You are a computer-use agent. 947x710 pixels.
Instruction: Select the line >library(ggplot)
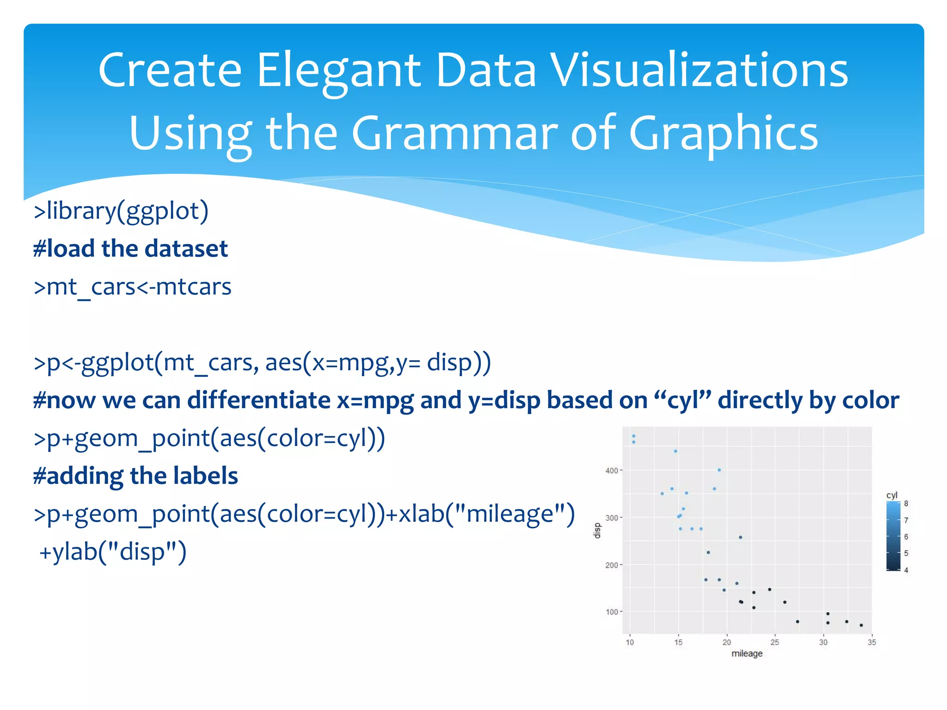pyautogui.click(x=121, y=211)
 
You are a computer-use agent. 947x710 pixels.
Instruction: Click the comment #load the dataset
pyautogui.click(x=130, y=249)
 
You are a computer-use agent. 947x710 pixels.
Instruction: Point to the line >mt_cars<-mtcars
pyautogui.click(x=132, y=287)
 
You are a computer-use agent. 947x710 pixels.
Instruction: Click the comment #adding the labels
pyautogui.click(x=135, y=476)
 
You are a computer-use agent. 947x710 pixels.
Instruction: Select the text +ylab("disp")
pyautogui.click(x=113, y=552)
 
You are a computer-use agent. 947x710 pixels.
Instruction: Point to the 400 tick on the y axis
pyautogui.click(x=611, y=471)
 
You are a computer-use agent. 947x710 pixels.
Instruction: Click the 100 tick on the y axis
pyautogui.click(x=611, y=612)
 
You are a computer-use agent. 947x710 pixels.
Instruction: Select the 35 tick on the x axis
pyautogui.click(x=872, y=643)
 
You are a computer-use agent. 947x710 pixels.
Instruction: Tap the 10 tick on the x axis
pyautogui.click(x=630, y=643)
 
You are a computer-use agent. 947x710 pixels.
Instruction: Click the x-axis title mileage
pyautogui.click(x=747, y=654)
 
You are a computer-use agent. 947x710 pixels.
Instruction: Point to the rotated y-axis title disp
pyautogui.click(x=597, y=531)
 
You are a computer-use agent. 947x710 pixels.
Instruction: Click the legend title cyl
pyautogui.click(x=892, y=495)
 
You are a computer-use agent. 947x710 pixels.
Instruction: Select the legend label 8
pyautogui.click(x=906, y=504)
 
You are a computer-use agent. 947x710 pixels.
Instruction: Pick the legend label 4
pyautogui.click(x=906, y=570)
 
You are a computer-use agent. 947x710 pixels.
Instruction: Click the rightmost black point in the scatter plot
pyautogui.click(x=861, y=625)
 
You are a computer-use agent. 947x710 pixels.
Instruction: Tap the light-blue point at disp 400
pyautogui.click(x=719, y=470)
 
